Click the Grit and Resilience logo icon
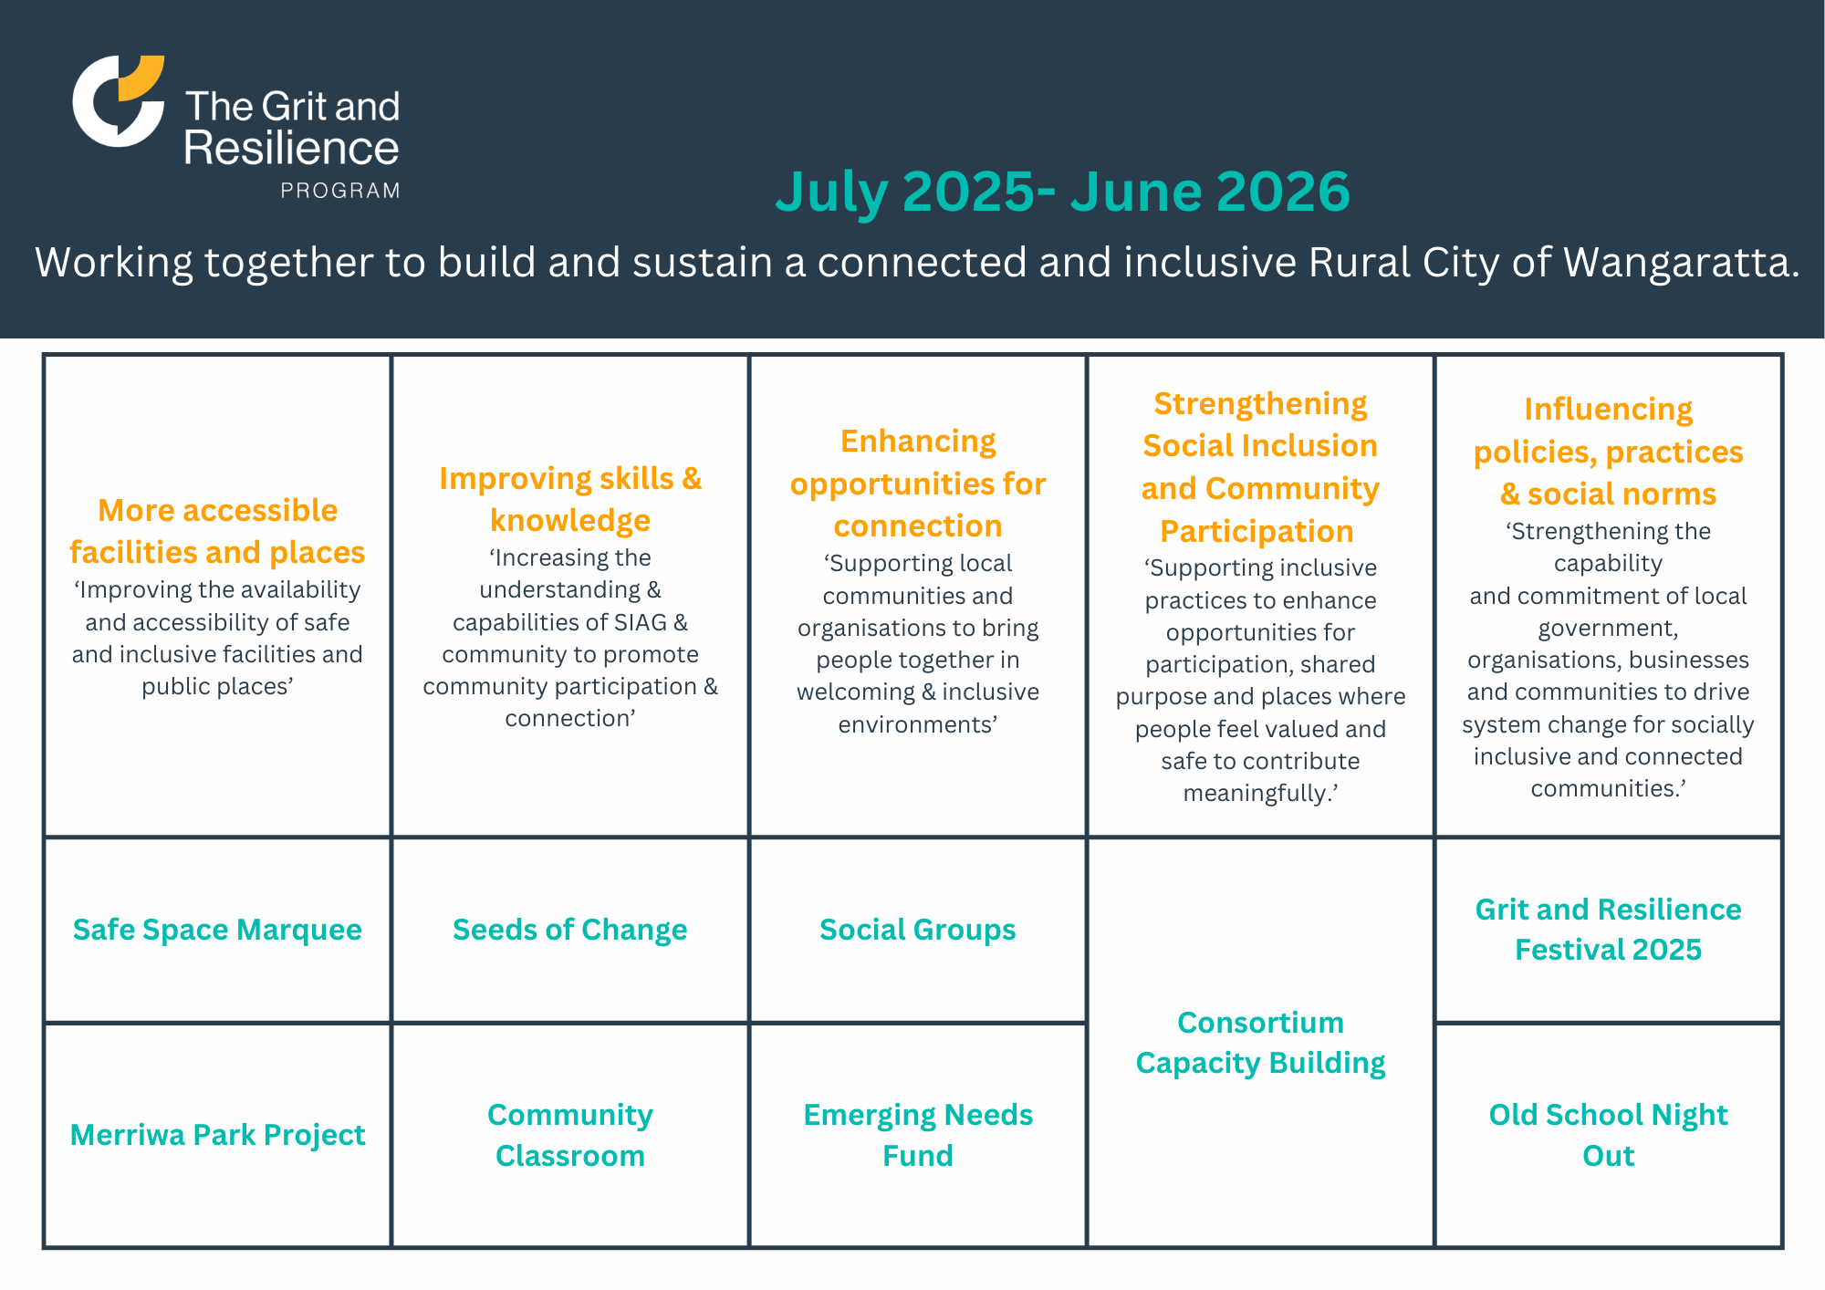118,100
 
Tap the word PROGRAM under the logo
340,191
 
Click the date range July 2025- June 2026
1062,192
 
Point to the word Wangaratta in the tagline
1681,263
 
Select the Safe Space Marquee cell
217,930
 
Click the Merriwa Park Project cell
217,1135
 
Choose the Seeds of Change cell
569,930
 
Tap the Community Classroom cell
569,1135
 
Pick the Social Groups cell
917,930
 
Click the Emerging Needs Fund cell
917,1135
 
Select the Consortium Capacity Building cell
1260,1043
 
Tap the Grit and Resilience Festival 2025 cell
1608,930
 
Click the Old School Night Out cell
1608,1135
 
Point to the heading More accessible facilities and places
217,531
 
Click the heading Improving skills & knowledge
569,499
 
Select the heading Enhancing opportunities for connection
917,484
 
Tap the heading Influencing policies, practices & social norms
1608,452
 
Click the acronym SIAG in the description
641,622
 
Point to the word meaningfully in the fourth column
1257,794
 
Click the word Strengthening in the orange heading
1260,403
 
